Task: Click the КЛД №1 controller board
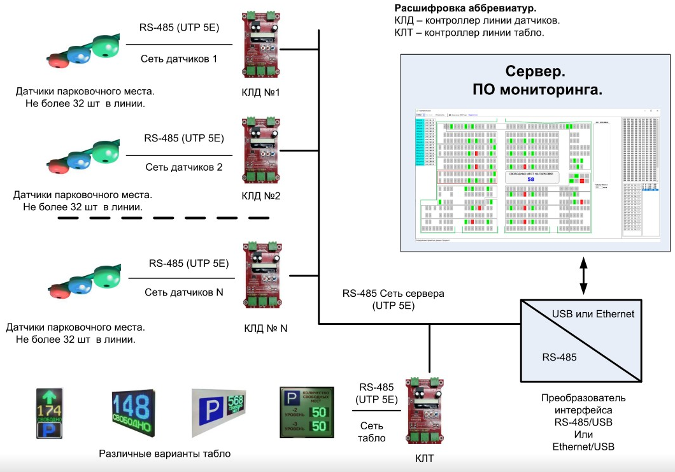(x=262, y=45)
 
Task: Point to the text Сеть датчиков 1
(x=179, y=59)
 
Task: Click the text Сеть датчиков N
(x=184, y=292)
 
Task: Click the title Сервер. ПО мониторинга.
(x=536, y=80)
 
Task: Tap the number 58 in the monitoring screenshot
(x=531, y=180)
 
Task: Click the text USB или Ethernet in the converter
(x=592, y=314)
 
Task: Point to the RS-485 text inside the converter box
(x=559, y=357)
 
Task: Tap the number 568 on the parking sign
(x=236, y=401)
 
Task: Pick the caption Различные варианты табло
(x=164, y=454)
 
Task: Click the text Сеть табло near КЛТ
(x=372, y=432)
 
